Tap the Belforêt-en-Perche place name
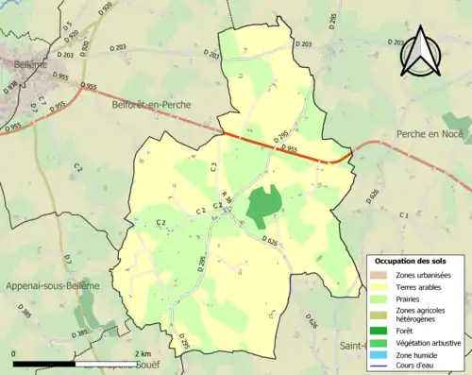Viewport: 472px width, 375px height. (x=151, y=105)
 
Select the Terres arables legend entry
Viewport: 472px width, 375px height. (x=415, y=286)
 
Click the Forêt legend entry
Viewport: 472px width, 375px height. (x=404, y=331)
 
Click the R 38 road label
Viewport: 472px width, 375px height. (x=227, y=196)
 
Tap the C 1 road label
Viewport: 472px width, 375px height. (x=403, y=216)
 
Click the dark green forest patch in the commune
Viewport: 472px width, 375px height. (x=263, y=206)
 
